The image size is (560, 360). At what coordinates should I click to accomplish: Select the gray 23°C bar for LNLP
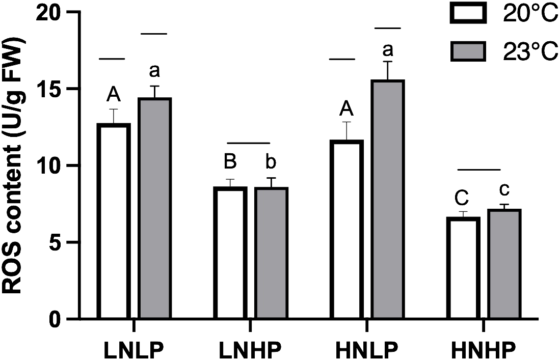(x=155, y=209)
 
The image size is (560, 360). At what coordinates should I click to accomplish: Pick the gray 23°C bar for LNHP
(x=272, y=253)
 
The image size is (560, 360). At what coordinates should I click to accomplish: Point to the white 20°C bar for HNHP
(x=462, y=268)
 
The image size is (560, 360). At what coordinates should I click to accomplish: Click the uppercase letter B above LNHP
(x=230, y=163)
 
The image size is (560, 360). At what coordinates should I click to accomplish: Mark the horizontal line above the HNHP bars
(x=479, y=169)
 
